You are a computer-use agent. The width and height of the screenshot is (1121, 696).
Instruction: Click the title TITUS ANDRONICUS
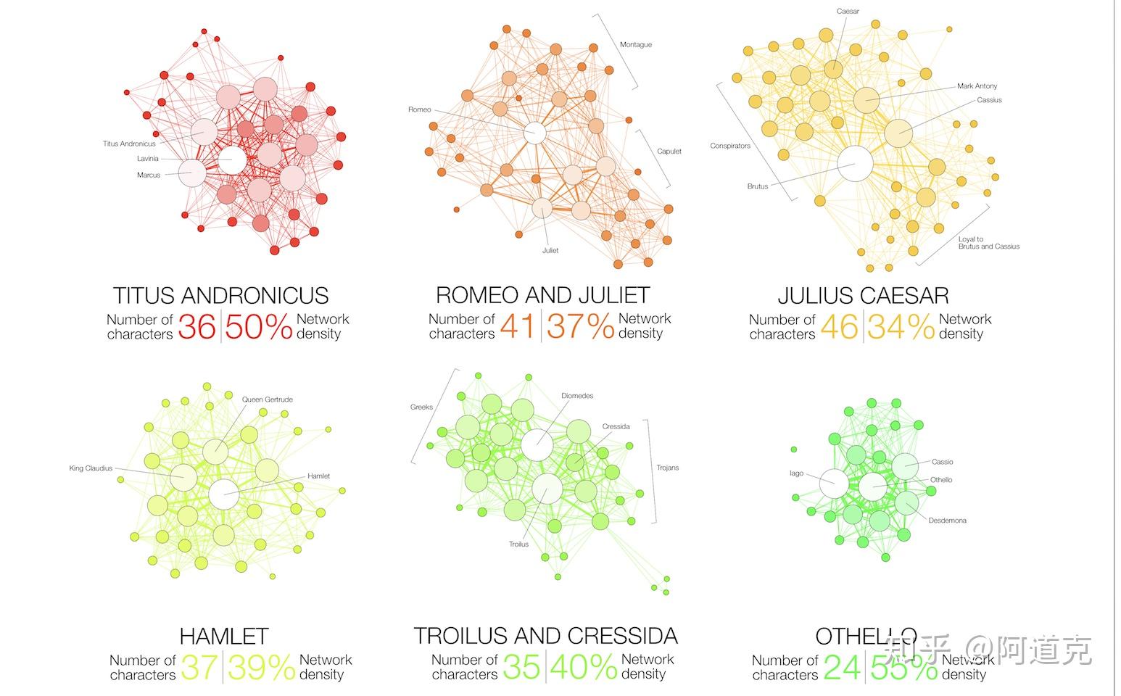point(220,295)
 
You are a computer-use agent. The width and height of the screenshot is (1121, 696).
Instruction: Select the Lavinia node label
point(147,159)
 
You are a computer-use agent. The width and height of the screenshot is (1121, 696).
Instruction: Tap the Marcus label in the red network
point(148,175)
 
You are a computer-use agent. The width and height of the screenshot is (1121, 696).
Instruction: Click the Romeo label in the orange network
point(419,110)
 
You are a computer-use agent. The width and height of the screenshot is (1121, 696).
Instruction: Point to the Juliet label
point(550,251)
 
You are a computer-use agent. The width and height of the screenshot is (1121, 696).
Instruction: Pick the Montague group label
point(635,45)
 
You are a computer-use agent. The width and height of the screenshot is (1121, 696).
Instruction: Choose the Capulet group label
point(669,152)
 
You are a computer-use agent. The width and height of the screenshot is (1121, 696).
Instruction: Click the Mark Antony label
point(977,86)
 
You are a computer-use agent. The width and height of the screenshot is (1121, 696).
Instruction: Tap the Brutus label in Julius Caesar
point(757,187)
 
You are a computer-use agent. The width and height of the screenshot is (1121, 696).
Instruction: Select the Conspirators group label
point(729,146)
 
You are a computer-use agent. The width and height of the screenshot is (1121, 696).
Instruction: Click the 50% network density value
point(258,327)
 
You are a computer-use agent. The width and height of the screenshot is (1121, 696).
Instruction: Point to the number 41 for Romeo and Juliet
point(517,326)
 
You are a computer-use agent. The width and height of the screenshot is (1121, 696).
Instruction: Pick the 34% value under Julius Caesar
point(901,327)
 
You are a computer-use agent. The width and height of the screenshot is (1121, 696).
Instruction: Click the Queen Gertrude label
point(267,399)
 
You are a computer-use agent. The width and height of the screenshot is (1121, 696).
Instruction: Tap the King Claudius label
point(91,468)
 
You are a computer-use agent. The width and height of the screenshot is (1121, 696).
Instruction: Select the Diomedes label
point(577,396)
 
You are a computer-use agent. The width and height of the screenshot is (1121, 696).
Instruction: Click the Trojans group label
point(667,468)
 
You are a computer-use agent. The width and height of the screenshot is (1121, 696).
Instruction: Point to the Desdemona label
point(947,521)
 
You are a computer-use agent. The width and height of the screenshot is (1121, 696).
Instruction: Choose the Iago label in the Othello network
point(796,473)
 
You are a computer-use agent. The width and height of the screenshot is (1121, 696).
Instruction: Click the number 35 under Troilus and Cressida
point(521,668)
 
